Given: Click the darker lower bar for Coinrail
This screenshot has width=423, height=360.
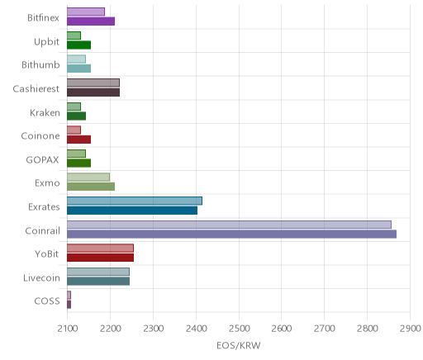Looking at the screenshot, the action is pos(231,234).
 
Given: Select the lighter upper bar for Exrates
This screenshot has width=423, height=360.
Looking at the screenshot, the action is pos(135,201).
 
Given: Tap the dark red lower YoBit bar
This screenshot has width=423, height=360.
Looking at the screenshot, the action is pos(100,258).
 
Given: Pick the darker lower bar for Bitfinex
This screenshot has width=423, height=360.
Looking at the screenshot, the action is pos(91,21).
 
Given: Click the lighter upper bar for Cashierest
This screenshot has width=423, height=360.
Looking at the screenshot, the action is pos(93,83).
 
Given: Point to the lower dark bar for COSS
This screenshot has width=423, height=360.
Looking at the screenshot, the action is pos(69,305).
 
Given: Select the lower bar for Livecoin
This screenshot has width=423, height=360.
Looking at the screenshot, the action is pos(98,282).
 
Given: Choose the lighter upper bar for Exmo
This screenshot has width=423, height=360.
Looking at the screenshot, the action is pos(88,178).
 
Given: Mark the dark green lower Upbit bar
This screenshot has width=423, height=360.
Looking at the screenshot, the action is pos(78,45).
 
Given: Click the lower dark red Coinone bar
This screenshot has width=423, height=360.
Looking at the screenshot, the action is pos(78,140).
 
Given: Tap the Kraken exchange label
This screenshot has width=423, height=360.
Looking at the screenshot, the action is pos(45,112).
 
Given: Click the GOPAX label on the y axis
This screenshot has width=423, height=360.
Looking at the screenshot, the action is pos(42,160).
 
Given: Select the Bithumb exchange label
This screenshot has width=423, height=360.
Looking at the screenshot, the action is pos(40,64).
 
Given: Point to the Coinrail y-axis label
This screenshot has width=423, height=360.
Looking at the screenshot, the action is pos(42,230).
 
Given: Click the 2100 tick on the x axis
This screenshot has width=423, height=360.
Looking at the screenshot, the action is pos(68,329).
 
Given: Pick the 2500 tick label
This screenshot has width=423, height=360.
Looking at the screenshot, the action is pos(239,329).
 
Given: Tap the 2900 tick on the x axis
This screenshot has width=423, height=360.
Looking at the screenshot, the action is pos(411,329).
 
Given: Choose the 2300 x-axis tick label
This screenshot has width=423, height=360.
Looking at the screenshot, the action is pos(154,329).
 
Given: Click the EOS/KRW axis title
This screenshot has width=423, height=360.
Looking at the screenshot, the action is pos(239,345).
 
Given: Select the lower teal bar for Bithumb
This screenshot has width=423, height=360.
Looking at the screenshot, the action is pos(78,69).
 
